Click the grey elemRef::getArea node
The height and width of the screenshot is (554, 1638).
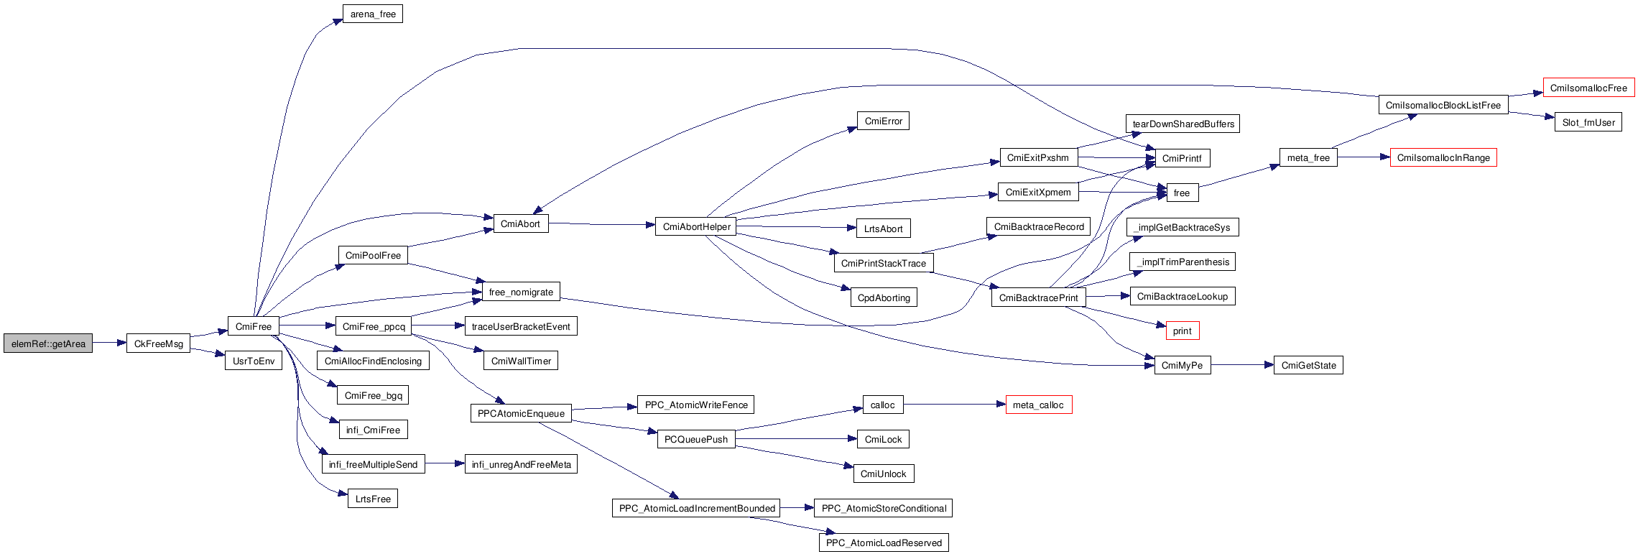(48, 343)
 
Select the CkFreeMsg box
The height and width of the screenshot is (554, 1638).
(158, 343)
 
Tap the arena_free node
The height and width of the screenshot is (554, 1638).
(373, 14)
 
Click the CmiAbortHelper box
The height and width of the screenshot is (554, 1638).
(696, 226)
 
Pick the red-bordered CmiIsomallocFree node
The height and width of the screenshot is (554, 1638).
(1588, 88)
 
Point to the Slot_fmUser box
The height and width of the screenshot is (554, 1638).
(1588, 122)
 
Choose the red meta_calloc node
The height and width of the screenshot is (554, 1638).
(1038, 405)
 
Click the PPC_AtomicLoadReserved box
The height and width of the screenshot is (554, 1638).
(883, 543)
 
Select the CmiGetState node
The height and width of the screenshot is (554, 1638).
(1308, 365)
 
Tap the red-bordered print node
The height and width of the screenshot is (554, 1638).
(1182, 331)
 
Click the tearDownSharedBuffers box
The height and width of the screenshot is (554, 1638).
(1183, 124)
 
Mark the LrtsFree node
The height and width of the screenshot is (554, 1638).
(372, 499)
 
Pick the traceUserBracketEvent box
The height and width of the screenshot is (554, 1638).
(521, 326)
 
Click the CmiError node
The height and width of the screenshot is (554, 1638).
(883, 121)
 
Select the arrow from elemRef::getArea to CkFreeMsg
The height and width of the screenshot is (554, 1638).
(109, 343)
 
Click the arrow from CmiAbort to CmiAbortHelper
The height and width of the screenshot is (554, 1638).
(602, 224)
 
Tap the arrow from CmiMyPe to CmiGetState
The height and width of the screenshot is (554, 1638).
(1242, 365)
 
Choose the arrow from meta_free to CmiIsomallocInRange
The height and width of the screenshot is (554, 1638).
(1364, 157)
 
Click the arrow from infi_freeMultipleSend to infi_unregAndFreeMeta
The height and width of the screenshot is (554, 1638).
(445, 464)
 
